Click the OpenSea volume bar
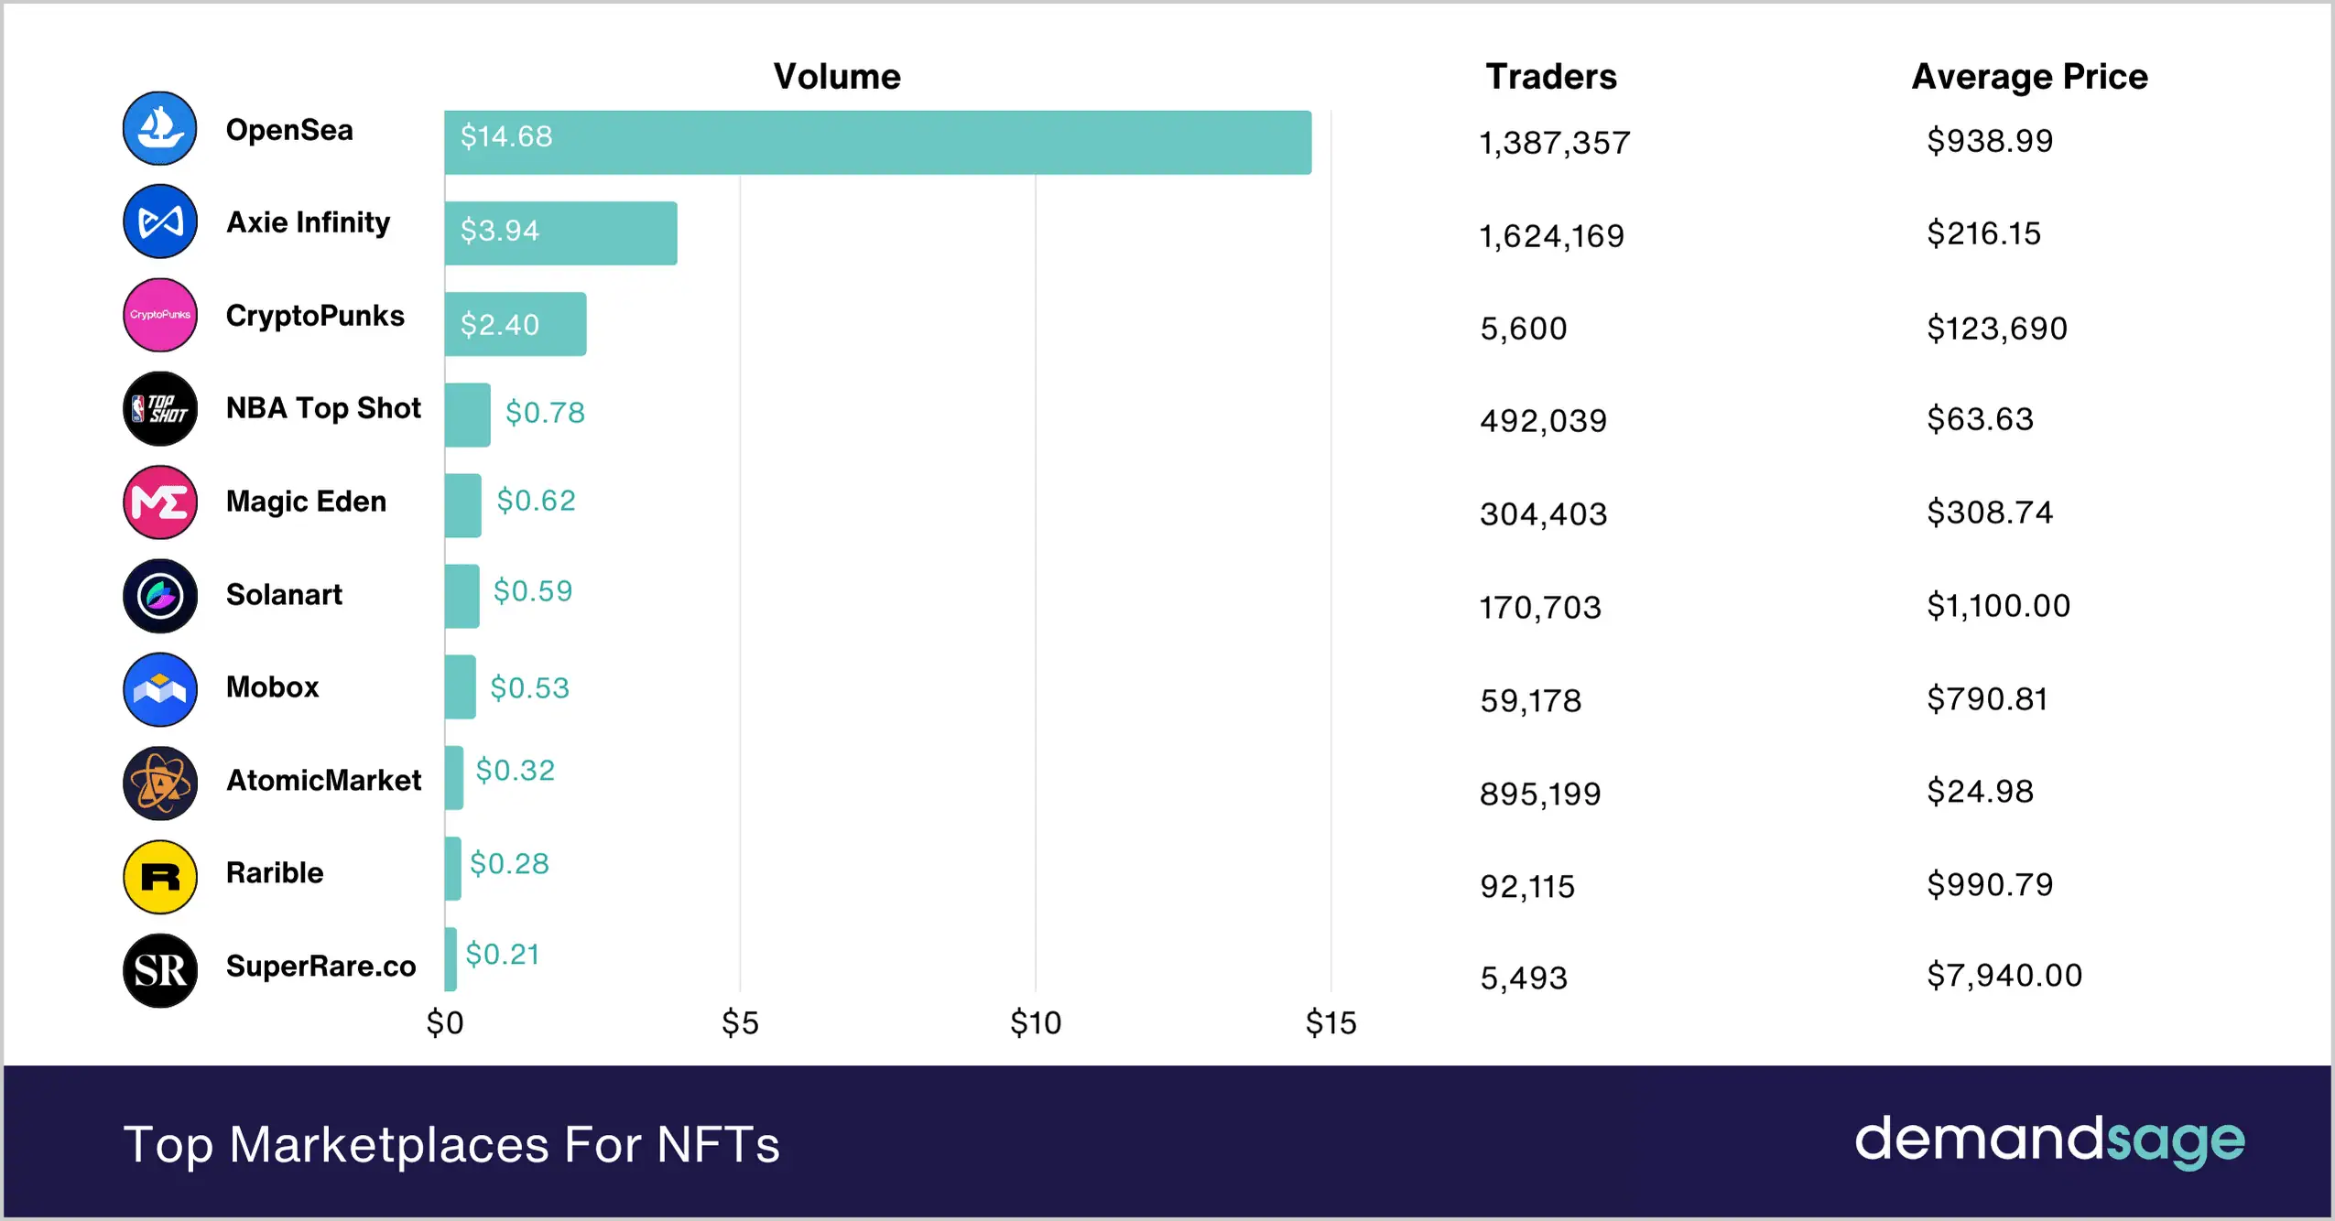(x=877, y=143)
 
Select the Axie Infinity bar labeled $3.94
(x=560, y=233)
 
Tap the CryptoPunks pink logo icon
(x=160, y=315)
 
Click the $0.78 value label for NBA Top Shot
(x=545, y=413)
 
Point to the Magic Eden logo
(x=160, y=502)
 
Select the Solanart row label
(x=284, y=595)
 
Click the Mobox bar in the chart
(x=460, y=686)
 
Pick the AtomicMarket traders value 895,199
(x=1540, y=794)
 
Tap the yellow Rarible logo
(x=160, y=877)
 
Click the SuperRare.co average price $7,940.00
(x=2004, y=976)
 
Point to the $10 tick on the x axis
(x=1035, y=1022)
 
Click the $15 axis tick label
(x=1330, y=1022)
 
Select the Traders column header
(x=1550, y=77)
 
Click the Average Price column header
(x=2029, y=77)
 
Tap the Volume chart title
(x=836, y=77)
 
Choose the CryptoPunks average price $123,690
(x=1996, y=329)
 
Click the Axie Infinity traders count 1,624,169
(x=1551, y=237)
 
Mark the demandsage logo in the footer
(x=2049, y=1140)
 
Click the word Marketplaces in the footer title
(x=389, y=1144)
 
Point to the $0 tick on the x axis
(x=445, y=1022)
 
